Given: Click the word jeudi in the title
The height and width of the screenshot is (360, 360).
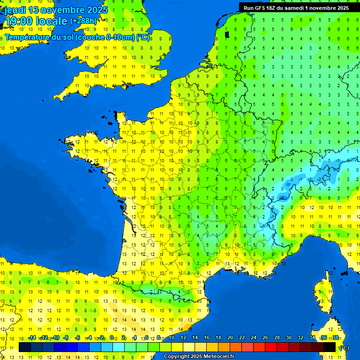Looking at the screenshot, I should point(15,10).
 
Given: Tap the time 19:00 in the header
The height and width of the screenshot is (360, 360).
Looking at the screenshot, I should point(18,22).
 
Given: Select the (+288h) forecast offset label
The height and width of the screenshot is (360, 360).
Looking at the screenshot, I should point(84,21).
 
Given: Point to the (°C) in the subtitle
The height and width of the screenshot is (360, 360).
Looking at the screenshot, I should point(143,37).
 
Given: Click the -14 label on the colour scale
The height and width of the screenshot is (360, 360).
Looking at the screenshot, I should point(32,337).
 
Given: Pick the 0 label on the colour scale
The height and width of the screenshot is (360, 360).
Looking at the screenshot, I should point(112,337).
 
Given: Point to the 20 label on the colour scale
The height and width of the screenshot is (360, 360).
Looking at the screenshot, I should point(230,337).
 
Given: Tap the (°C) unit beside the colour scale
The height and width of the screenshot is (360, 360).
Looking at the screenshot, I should point(344,347).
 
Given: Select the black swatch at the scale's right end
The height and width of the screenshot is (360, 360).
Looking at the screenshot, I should point(330,347).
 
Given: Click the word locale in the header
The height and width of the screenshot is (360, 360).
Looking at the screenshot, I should point(52,22).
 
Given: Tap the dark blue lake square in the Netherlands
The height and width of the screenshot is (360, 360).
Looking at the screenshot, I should point(227,34).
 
